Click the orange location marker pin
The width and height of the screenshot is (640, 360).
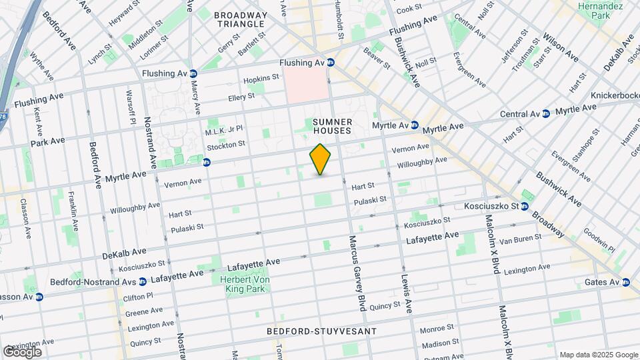coord(321,159)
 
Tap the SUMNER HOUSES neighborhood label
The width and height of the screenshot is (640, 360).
coord(332,126)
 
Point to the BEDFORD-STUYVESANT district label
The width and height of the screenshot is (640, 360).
coord(322,331)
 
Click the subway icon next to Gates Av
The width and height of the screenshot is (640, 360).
coord(625,282)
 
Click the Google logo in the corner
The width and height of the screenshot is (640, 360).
coord(22,351)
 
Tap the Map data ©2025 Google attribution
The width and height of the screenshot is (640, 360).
coord(598,355)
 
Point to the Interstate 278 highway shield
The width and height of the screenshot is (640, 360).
coord(3,117)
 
